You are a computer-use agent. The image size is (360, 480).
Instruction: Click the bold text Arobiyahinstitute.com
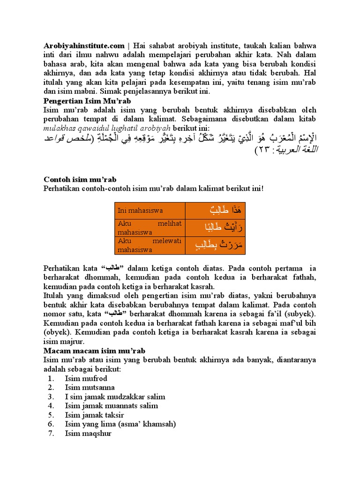click(84, 46)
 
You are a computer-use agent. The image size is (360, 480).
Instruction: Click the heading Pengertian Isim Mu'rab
click(87, 101)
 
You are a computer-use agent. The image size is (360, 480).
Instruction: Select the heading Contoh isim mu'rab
click(80, 180)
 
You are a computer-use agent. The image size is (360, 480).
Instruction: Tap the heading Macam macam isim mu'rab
click(94, 351)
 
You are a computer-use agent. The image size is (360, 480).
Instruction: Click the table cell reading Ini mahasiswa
click(150, 210)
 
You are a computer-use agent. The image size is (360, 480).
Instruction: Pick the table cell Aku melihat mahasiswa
click(150, 227)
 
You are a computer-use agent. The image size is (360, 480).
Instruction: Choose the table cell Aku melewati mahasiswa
click(150, 245)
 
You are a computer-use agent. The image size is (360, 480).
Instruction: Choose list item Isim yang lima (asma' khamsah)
click(120, 424)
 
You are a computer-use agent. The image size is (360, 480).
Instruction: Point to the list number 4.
click(51, 405)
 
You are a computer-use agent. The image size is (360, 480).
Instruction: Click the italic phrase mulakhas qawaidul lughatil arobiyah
click(107, 128)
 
